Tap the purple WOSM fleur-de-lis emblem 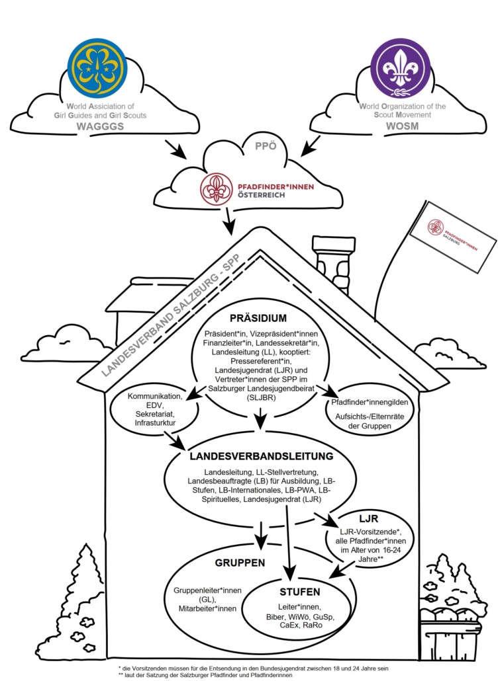(x=400, y=68)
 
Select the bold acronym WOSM (x=376, y=126)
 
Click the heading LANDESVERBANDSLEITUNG (x=261, y=456)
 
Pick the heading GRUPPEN (x=240, y=563)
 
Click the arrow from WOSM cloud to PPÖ (x=310, y=147)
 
